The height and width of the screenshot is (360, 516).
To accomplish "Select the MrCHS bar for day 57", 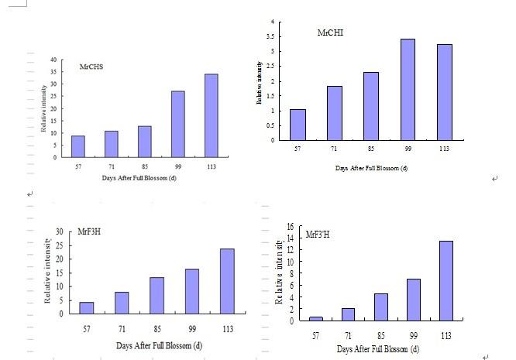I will (77, 146).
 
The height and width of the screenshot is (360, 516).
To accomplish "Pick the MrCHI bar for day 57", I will (298, 125).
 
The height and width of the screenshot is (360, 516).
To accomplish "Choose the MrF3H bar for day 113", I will (226, 282).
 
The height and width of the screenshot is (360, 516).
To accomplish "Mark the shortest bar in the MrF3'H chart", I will (315, 318).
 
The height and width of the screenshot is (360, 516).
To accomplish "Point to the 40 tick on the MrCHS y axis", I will (54, 60).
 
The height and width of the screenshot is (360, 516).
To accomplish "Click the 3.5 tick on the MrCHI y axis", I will (271, 37).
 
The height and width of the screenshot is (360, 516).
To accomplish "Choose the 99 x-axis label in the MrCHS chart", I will (177, 166).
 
